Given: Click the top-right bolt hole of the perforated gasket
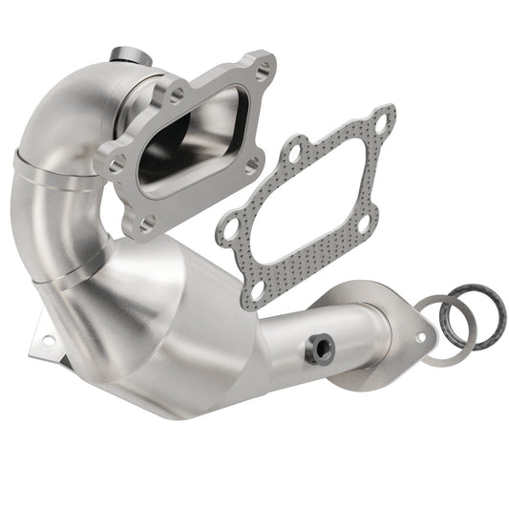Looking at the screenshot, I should [x=384, y=121].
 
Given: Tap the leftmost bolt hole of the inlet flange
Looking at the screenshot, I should [x=117, y=165].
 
